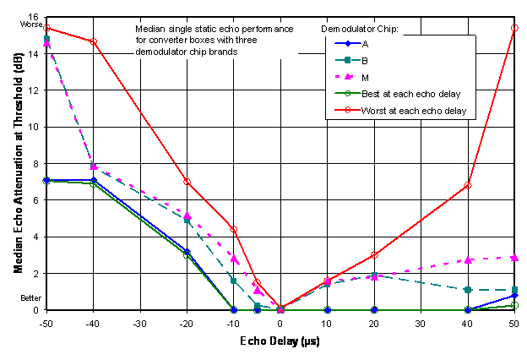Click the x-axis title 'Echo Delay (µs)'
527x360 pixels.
point(279,342)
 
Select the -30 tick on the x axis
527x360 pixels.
point(139,322)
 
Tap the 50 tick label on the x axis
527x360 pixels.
point(514,322)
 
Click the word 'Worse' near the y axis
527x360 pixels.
point(30,25)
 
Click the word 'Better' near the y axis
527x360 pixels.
point(30,298)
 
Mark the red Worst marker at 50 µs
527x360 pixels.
point(514,28)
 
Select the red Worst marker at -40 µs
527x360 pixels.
point(93,41)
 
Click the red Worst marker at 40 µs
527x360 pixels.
point(468,185)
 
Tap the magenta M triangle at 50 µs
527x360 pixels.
point(514,257)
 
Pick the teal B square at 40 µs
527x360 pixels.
point(468,290)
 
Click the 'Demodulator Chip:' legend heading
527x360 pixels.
point(360,29)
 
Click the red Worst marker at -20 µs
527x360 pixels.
point(187,182)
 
